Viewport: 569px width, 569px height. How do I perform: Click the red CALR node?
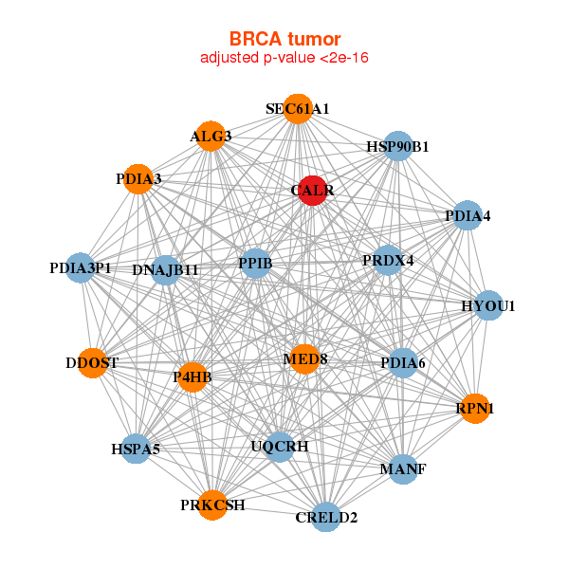coord(313,191)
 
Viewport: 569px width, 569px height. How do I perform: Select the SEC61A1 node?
coord(298,109)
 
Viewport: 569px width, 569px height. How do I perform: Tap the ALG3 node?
coord(211,137)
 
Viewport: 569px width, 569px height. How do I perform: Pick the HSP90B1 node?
coord(398,146)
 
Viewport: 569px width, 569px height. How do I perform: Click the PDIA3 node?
coord(138,179)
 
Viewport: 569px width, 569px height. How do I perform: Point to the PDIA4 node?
coord(468,216)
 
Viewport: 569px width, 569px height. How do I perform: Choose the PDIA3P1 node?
coord(81,268)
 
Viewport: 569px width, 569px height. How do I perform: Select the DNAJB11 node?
coord(166,270)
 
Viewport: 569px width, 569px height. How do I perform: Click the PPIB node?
coord(255,263)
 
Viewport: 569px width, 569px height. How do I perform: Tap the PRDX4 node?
coord(388,260)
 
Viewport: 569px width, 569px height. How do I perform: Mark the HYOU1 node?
coord(488,305)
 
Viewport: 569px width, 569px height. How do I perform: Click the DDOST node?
coord(92,363)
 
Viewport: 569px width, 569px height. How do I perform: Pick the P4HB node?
coord(193,377)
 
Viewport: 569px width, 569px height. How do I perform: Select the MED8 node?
coord(304,359)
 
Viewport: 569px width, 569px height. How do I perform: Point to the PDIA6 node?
coord(403,363)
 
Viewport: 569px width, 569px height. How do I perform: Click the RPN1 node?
coord(475,409)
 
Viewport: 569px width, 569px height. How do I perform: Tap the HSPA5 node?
coord(136,449)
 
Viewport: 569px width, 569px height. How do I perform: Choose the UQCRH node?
coord(279,446)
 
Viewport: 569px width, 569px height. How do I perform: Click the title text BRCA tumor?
coord(284,39)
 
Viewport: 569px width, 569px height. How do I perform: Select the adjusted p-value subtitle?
coord(284,58)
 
